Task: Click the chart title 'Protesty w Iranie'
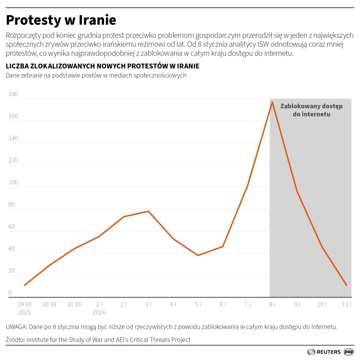click(x=61, y=20)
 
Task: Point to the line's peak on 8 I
click(x=272, y=102)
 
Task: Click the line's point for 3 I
click(x=148, y=211)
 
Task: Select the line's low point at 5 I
click(x=198, y=255)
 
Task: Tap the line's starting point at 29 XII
click(x=25, y=285)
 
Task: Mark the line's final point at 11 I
click(x=347, y=285)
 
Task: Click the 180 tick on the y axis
click(x=13, y=94)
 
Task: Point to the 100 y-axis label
click(x=13, y=182)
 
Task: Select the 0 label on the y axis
click(x=10, y=293)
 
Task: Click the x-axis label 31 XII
click(x=74, y=304)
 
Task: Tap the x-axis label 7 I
click(x=247, y=304)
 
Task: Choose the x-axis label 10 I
click(x=322, y=304)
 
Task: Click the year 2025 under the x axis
click(x=25, y=312)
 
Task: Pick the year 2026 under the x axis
click(x=99, y=312)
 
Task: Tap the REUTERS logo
click(x=324, y=351)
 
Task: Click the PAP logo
click(x=349, y=351)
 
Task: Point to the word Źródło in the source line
click(x=15, y=340)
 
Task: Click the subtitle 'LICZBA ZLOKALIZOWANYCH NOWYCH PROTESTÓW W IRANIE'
click(x=102, y=66)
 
